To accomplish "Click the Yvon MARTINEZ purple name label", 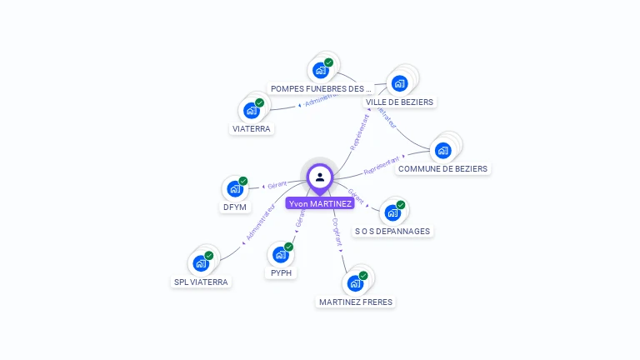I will [x=320, y=203].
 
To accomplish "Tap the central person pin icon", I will [x=320, y=177].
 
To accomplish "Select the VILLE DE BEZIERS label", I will [x=400, y=102].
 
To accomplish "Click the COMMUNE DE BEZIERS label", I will [x=442, y=168].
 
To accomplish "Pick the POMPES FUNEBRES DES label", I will [x=321, y=88].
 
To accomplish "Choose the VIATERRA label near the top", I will [x=252, y=128].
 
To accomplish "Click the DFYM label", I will [x=234, y=207].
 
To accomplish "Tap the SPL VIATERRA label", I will [x=201, y=282].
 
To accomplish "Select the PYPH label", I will [x=282, y=272].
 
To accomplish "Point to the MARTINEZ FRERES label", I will [x=356, y=302].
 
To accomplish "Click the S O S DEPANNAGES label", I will [x=393, y=231].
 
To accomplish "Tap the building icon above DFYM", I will [x=234, y=188].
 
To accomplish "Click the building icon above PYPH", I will [x=281, y=254].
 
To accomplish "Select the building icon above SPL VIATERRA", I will [x=200, y=263].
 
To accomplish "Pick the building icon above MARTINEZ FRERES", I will [x=355, y=282].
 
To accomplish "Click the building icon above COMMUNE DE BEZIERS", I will [x=442, y=150].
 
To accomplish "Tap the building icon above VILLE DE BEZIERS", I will [x=399, y=83].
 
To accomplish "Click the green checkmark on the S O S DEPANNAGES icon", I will [x=401, y=205].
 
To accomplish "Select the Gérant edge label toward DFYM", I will [x=277, y=184].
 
